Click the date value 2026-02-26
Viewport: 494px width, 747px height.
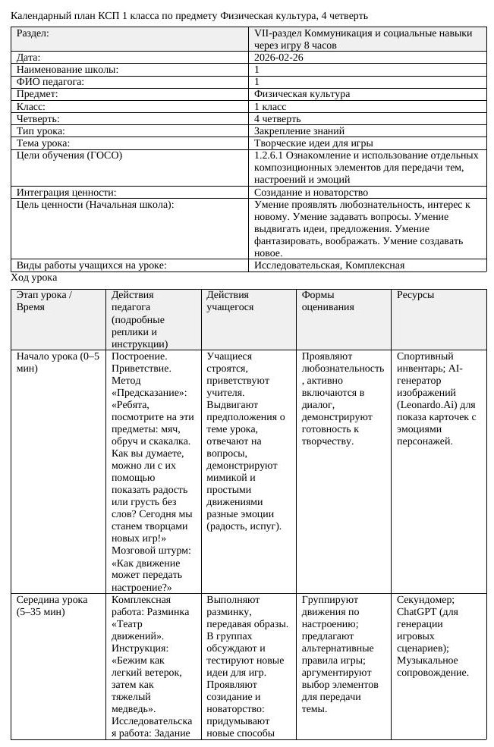click(279, 58)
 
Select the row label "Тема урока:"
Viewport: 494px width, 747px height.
click(43, 143)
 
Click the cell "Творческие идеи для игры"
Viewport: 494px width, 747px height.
click(313, 143)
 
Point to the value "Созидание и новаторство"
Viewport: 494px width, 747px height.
click(311, 193)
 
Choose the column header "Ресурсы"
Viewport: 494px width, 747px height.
click(415, 295)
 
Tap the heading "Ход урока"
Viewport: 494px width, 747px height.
click(34, 278)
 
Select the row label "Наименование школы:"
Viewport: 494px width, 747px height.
click(68, 70)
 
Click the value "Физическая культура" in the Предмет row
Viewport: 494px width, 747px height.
click(302, 94)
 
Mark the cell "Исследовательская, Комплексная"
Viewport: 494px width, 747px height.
click(329, 265)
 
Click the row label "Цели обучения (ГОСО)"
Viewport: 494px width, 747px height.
click(69, 155)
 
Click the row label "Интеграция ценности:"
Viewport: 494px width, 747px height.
click(66, 193)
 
